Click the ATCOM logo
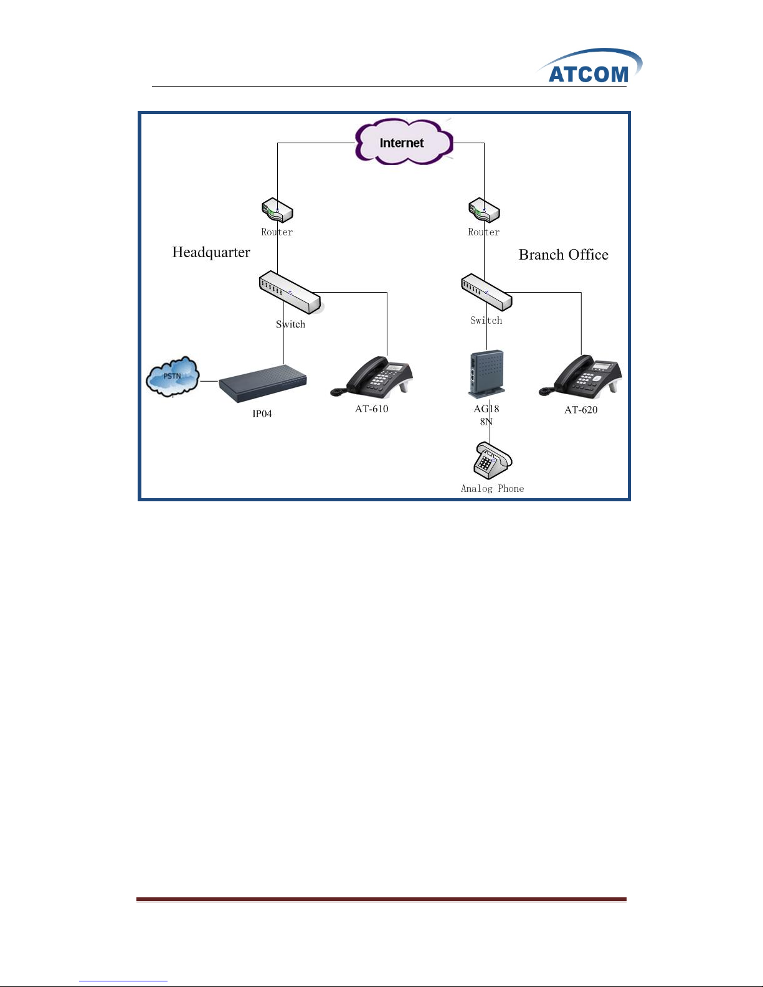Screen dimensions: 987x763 [589, 67]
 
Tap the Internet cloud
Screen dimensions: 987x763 [403, 143]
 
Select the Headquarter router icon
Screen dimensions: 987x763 [277, 210]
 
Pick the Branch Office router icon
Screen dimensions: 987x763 [484, 210]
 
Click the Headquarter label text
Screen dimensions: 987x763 [211, 252]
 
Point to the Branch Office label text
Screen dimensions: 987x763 [563, 255]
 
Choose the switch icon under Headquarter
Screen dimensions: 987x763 [290, 292]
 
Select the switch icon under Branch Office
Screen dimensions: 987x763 [486, 292]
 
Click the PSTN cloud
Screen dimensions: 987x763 [173, 376]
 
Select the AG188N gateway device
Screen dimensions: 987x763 [486, 374]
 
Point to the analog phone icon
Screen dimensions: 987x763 [492, 461]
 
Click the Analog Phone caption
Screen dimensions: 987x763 [492, 489]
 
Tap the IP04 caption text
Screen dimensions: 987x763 [262, 414]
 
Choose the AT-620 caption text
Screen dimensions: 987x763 [581, 410]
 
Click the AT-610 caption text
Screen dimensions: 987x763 [372, 409]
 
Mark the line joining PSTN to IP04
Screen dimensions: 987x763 [209, 381]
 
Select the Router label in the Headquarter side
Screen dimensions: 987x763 [277, 232]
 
